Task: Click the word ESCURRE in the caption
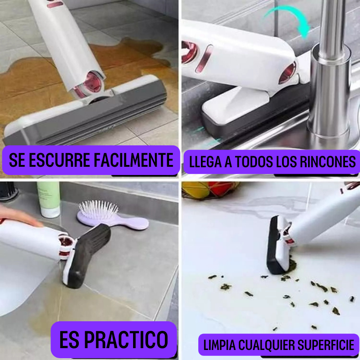pos(59,160)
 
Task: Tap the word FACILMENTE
pos(134,160)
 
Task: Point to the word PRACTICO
pos(126,340)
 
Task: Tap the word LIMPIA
pos(220,345)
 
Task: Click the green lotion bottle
pos(49,199)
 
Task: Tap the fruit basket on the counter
pos(210,190)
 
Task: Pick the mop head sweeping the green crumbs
pos(278,246)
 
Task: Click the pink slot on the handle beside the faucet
pos(204,58)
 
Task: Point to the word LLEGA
pos(206,162)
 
